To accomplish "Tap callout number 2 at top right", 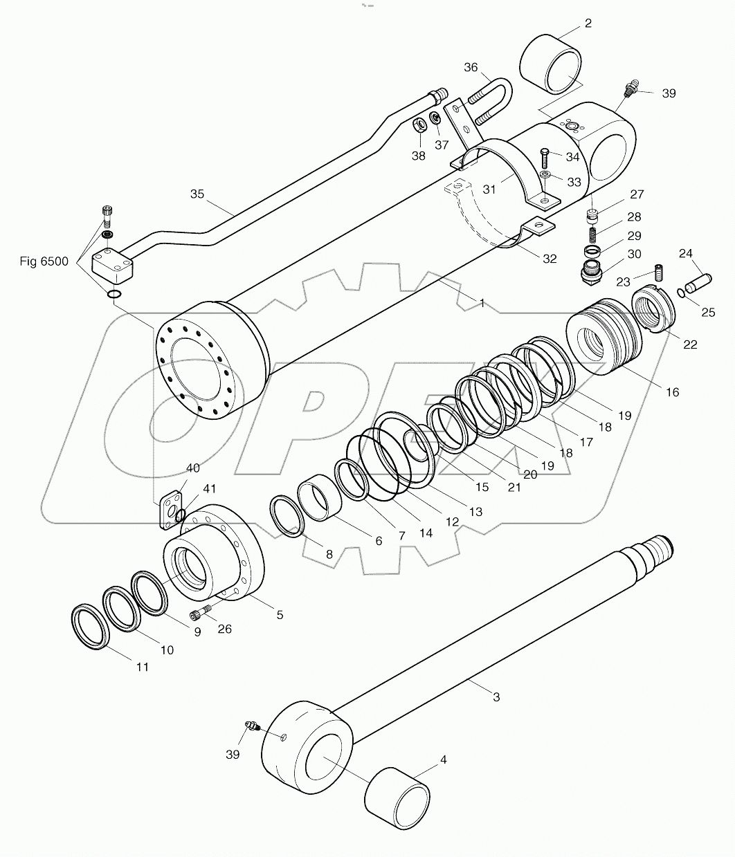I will [588, 24].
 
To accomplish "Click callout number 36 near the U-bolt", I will [471, 67].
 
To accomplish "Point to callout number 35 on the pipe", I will [197, 194].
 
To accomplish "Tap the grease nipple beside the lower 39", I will [252, 726].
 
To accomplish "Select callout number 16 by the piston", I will [672, 392].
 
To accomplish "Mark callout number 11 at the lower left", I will [142, 667].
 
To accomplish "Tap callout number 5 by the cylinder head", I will [280, 614].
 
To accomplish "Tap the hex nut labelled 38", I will [419, 127].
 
